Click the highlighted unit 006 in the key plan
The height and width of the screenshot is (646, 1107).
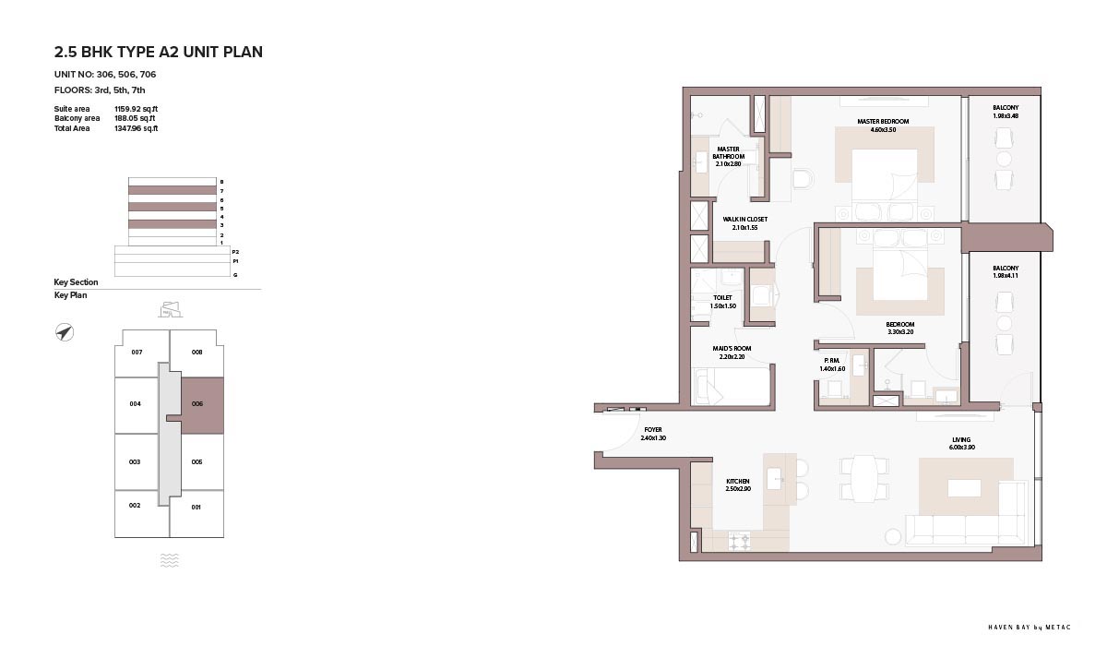(203, 406)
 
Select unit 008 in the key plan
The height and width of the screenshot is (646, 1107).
(196, 353)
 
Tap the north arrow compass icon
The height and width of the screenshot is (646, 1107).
(65, 332)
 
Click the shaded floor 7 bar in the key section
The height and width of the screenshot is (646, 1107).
(173, 190)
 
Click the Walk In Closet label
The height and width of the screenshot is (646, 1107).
(744, 220)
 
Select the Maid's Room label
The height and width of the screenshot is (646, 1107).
(732, 349)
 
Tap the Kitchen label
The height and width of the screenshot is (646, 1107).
(738, 482)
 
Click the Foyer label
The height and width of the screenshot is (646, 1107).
(653, 430)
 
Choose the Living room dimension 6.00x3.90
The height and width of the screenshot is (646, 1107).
(961, 448)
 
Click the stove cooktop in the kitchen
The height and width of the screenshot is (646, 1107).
(739, 541)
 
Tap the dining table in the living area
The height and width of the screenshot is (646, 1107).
(863, 478)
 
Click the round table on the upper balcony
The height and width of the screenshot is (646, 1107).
(1004, 159)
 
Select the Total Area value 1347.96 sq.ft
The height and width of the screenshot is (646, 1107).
(136, 128)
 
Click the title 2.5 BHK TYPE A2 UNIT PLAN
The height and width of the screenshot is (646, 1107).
(158, 52)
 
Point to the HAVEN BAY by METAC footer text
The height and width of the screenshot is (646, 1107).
(1030, 628)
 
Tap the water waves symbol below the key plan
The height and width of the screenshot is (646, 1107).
(170, 560)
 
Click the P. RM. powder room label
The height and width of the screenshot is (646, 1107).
(832, 361)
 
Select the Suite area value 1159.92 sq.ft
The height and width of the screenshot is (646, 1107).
(136, 109)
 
